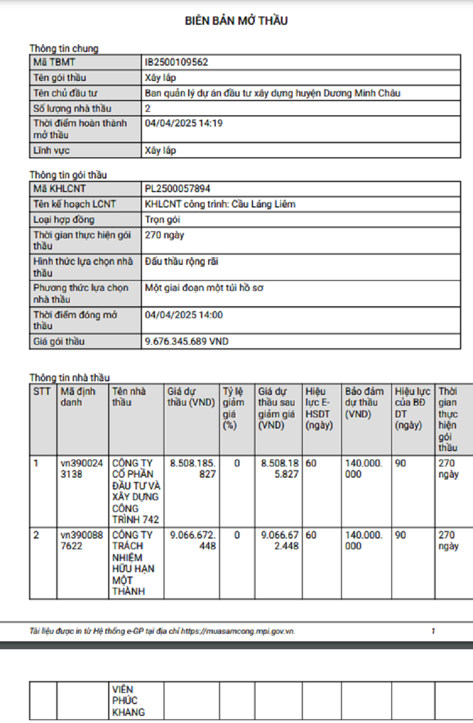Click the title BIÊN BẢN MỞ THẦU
click(236, 21)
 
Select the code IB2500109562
click(176, 62)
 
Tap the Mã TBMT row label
click(54, 62)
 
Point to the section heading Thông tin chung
click(64, 48)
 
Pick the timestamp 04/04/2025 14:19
click(184, 124)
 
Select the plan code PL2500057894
click(177, 189)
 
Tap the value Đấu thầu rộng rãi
click(182, 261)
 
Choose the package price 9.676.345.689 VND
click(186, 342)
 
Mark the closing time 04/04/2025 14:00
click(184, 315)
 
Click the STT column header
click(42, 391)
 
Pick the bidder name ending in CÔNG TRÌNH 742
click(135, 491)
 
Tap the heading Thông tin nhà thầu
click(69, 377)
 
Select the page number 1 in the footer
click(433, 631)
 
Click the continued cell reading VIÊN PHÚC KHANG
click(128, 701)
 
